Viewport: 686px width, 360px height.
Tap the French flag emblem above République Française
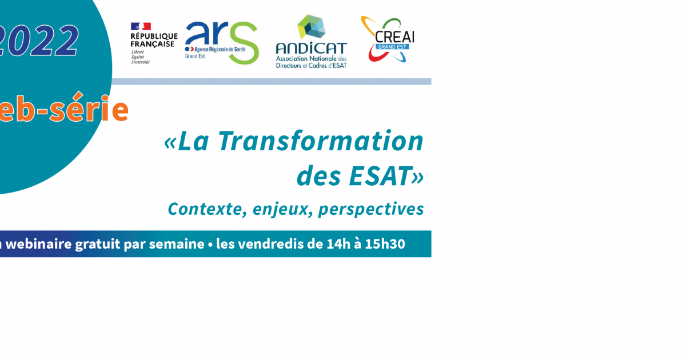coord(141,26)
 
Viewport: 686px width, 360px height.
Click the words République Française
coord(154,40)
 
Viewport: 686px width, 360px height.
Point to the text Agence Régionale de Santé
coord(209,50)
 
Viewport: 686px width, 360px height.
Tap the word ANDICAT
coord(311,48)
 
